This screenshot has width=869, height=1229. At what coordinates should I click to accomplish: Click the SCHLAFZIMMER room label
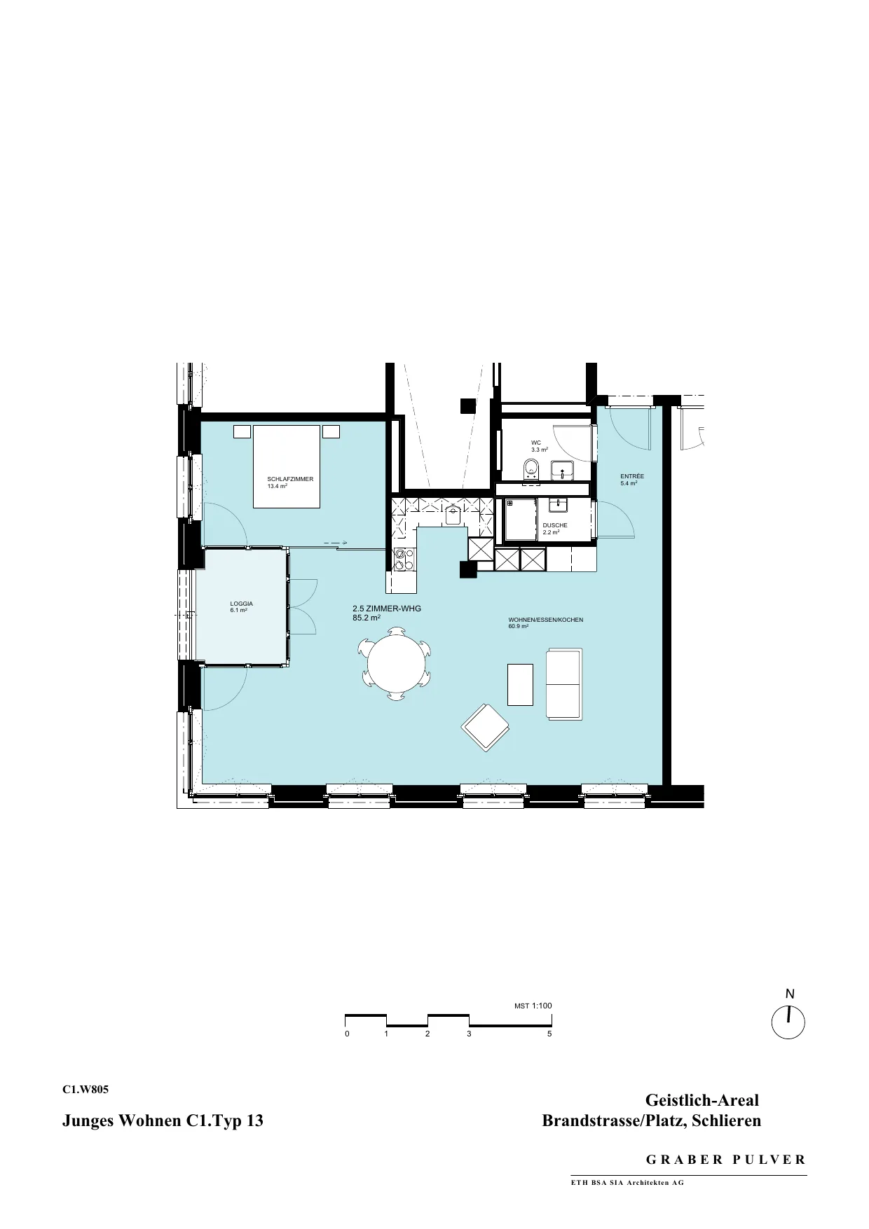[290, 479]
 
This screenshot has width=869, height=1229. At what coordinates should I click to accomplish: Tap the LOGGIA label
[241, 604]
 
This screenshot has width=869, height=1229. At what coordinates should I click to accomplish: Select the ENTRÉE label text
[632, 476]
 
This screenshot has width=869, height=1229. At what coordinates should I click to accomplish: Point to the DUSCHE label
[555, 525]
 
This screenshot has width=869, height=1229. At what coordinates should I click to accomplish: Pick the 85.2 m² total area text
[367, 618]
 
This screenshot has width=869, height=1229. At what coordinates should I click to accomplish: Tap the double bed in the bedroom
[287, 466]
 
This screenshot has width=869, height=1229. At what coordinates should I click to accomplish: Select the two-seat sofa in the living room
[564, 683]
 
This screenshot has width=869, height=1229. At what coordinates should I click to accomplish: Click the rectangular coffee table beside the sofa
[520, 684]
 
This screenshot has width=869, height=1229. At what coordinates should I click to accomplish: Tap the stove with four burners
[404, 559]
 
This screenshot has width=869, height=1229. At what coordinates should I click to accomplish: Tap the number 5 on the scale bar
[550, 1034]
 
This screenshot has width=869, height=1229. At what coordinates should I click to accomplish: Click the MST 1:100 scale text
[533, 1006]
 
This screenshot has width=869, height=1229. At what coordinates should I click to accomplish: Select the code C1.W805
[85, 1090]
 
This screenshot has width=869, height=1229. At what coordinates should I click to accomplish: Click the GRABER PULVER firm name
[726, 1159]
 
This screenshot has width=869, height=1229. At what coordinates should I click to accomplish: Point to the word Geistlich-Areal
[702, 1100]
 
